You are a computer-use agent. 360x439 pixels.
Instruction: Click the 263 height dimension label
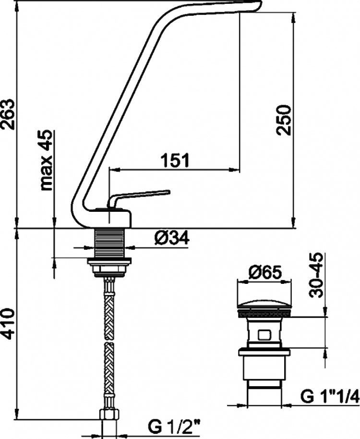(8, 114)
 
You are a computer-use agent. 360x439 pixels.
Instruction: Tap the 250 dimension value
(283, 120)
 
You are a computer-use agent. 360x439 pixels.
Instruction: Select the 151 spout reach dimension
(175, 160)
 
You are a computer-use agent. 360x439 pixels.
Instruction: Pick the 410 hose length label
(8, 324)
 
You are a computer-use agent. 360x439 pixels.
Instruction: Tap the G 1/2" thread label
(178, 427)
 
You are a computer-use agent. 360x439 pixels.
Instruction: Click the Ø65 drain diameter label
(264, 272)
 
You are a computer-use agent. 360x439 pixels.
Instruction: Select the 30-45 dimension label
(316, 275)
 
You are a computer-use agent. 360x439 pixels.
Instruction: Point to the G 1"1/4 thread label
(330, 396)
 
